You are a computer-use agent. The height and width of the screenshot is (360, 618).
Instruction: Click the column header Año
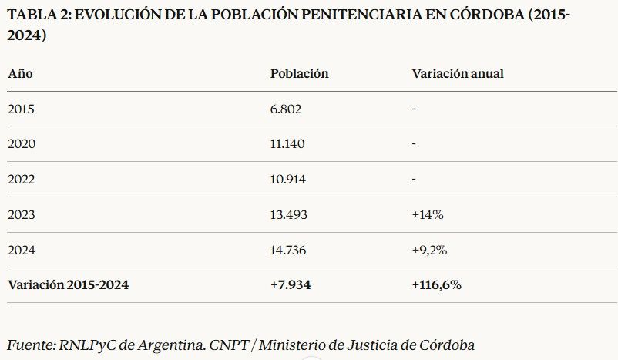[x=20, y=74]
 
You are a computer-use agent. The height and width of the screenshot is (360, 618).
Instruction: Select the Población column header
[x=299, y=74]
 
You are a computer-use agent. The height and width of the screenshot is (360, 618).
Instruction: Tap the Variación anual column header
[x=458, y=74]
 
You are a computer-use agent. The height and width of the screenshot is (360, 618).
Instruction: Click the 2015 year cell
[x=22, y=109]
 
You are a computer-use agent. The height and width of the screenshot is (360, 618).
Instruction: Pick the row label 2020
[x=22, y=144]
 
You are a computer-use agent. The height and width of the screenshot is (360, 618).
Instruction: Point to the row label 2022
[x=22, y=180]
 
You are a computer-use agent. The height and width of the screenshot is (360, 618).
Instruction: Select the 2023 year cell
[x=22, y=215]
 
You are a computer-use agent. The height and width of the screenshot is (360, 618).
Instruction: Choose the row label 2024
[x=22, y=250]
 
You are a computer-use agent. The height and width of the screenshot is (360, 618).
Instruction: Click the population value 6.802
[x=285, y=109]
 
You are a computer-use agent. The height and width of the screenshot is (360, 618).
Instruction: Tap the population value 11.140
[x=287, y=144]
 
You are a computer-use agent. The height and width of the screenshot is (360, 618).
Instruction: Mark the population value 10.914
[x=288, y=180]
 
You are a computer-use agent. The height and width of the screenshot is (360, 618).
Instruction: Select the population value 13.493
[x=289, y=215]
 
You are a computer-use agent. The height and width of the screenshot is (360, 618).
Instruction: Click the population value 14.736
[x=289, y=250]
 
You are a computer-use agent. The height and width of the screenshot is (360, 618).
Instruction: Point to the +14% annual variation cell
[x=428, y=215]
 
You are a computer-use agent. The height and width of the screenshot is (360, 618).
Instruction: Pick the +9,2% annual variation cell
[x=430, y=250]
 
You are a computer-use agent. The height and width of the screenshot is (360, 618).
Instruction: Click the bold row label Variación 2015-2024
[x=68, y=284]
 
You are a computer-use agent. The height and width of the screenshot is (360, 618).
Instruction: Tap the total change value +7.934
[x=291, y=284]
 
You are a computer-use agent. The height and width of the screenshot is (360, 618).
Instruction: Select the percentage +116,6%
[x=436, y=284]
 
